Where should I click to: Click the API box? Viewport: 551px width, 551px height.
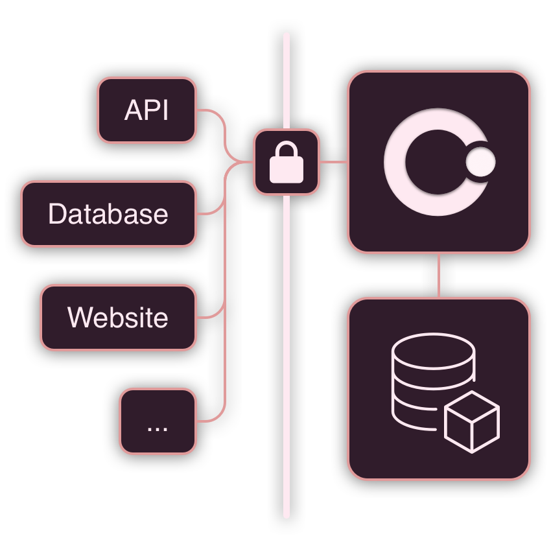point(147,110)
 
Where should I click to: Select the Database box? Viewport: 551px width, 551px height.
point(108,214)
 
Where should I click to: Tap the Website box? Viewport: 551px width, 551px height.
point(118,318)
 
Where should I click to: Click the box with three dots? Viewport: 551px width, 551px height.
point(158,421)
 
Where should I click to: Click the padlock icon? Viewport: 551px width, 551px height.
point(287,162)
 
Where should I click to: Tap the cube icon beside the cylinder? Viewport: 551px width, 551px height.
point(472,422)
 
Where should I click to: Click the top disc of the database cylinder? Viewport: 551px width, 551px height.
point(434,352)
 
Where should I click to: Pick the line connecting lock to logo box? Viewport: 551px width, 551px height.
point(334,162)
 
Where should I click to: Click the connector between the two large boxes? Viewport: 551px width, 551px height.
point(439,275)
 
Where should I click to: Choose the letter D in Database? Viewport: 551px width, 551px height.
point(56,214)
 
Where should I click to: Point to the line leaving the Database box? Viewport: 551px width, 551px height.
point(214,211)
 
